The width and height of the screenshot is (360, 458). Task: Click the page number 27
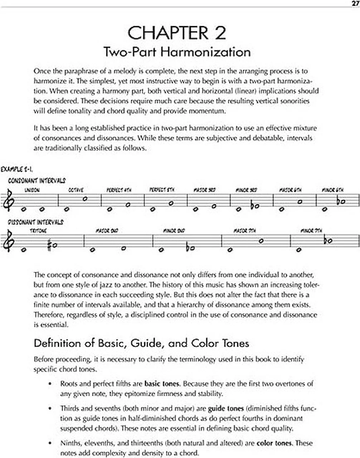(x=355, y=3)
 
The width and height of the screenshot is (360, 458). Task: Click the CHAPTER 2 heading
(x=177, y=33)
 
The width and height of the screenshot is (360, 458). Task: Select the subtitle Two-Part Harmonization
(x=177, y=52)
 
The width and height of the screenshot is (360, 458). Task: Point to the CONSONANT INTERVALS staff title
(x=37, y=181)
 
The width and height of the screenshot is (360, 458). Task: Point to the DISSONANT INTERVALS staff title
(x=35, y=222)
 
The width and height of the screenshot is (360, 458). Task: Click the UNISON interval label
(x=32, y=190)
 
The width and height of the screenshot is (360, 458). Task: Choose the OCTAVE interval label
(x=76, y=190)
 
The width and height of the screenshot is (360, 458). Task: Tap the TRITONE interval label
(x=38, y=231)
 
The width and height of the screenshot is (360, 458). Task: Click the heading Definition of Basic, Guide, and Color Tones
(x=141, y=343)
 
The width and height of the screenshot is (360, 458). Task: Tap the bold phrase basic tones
(x=161, y=384)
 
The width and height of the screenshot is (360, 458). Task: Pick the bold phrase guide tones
(x=226, y=408)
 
